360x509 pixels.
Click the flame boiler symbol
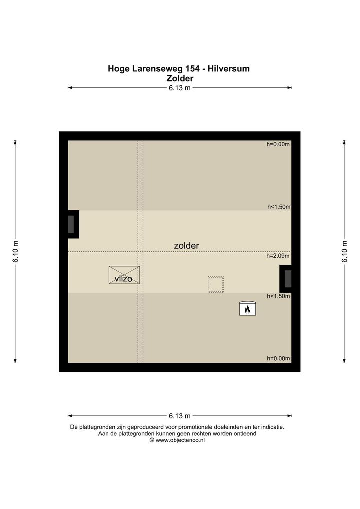[247, 308]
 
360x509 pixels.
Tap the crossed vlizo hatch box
[124, 275]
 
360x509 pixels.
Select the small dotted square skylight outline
[216, 284]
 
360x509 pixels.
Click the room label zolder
[186, 246]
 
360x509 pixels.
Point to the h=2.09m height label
[278, 256]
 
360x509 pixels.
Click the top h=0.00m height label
[278, 144]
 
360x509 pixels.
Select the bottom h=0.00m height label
[278, 358]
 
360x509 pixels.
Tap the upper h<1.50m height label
[279, 207]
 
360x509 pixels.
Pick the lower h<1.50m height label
[278, 296]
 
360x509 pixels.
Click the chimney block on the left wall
[73, 224]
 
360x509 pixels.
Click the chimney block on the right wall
[285, 279]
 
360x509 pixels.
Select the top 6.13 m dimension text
[180, 88]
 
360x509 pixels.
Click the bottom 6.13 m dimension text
[180, 416]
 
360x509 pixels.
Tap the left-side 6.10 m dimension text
[15, 252]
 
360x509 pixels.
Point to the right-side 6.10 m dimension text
[344, 252]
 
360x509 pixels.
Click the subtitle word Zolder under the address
[180, 78]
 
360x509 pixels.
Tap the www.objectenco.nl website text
[180, 440]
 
